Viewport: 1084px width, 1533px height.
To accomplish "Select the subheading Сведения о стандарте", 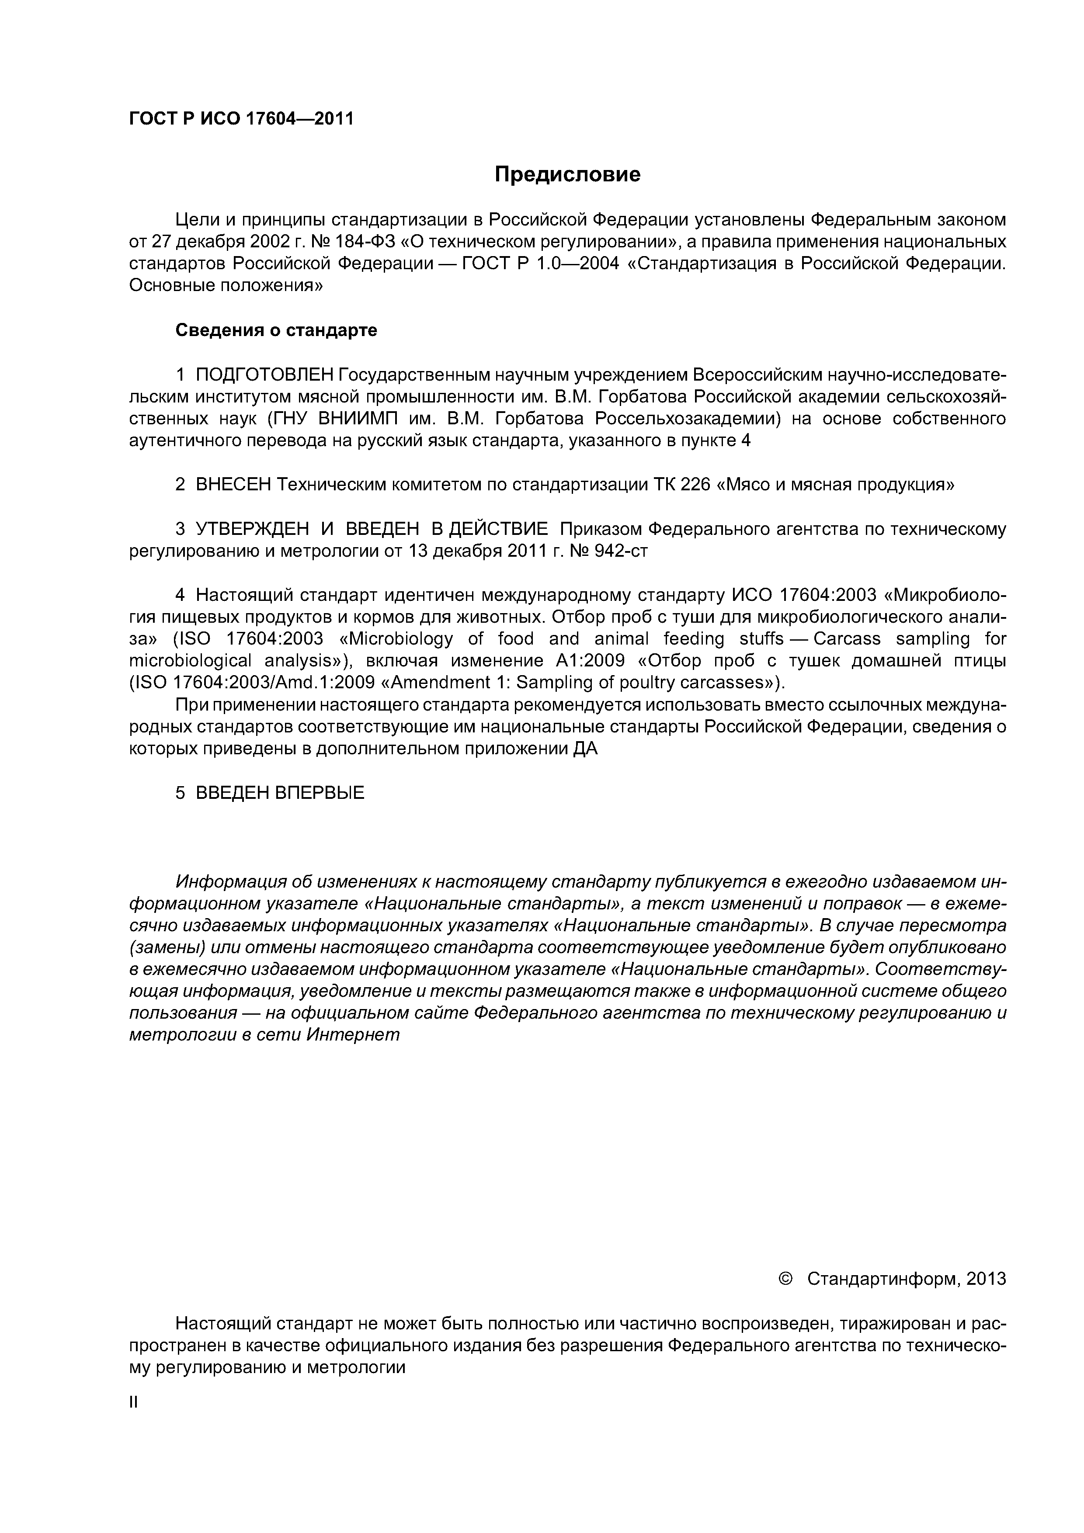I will point(276,330).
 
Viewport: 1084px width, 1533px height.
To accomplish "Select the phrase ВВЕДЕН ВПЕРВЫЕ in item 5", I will point(280,793).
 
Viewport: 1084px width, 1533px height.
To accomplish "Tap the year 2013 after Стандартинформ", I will point(986,1279).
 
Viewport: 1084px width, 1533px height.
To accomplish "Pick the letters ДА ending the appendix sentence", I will point(585,749).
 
